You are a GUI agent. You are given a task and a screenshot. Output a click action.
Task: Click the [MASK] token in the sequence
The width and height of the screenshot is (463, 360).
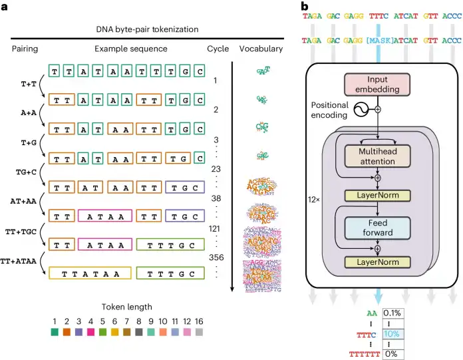click(377, 41)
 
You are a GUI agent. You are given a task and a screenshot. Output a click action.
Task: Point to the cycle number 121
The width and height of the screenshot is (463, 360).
click(214, 227)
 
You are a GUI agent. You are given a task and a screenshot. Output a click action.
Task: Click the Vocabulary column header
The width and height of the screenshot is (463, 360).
click(261, 49)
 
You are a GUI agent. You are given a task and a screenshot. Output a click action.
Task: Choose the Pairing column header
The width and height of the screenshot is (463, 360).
click(25, 49)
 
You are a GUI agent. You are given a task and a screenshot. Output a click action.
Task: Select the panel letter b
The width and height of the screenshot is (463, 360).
click(305, 7)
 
